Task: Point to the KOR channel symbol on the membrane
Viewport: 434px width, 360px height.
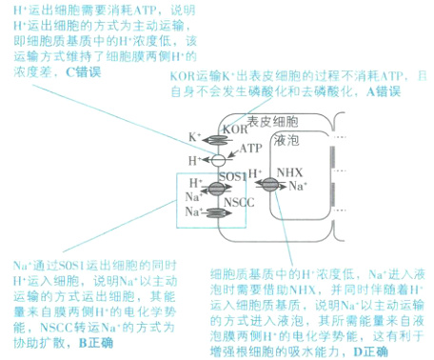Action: (218, 139)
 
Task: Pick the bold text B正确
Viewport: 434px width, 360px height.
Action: (94, 341)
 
